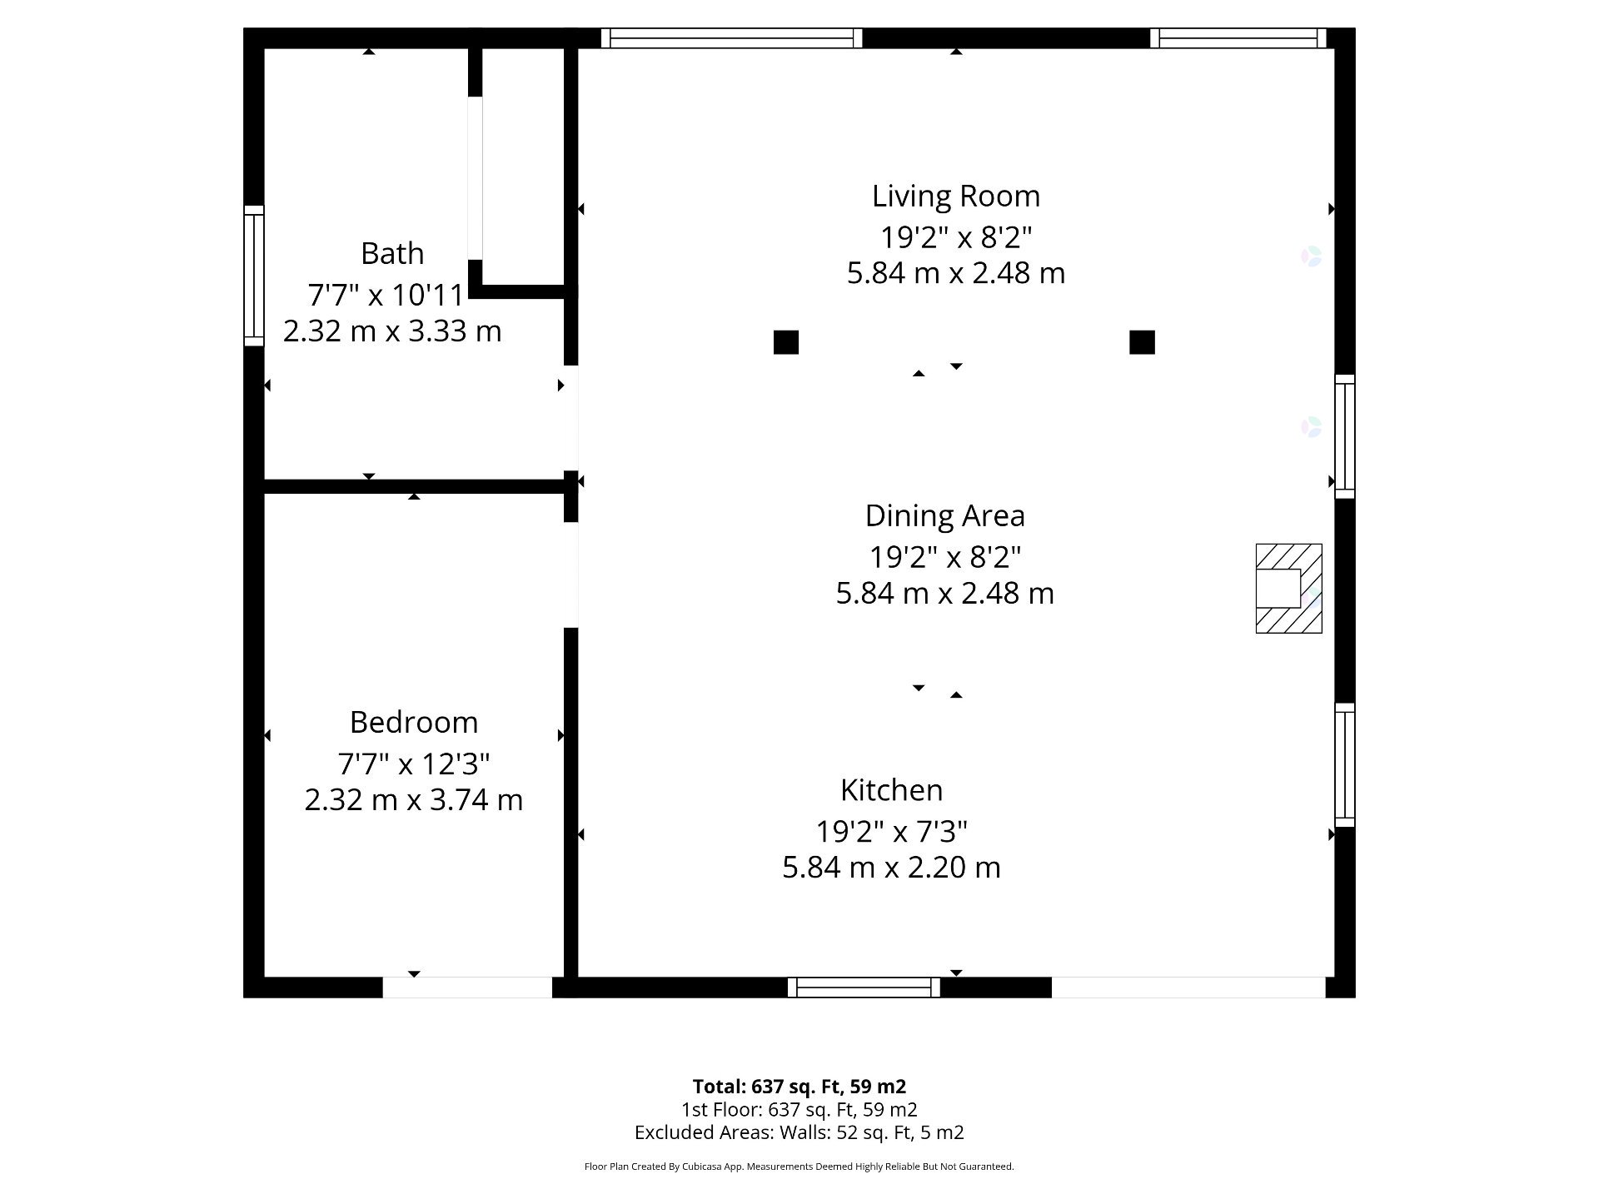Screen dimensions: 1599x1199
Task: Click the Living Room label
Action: [956, 197]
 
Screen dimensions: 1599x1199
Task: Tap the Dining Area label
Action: [944, 515]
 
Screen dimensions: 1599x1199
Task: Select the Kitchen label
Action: [891, 789]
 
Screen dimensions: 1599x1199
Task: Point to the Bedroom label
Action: [414, 722]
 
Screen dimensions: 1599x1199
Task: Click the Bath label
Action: [392, 253]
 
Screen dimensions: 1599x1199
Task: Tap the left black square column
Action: [786, 342]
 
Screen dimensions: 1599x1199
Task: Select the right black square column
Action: [1142, 342]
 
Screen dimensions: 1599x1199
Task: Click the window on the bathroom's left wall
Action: [254, 276]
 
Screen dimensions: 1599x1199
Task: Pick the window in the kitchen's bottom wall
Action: [864, 988]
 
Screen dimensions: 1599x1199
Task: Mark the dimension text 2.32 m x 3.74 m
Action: [414, 800]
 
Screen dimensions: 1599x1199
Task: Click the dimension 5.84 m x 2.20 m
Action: [891, 868]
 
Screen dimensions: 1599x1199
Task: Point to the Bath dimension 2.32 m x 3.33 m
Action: [392, 331]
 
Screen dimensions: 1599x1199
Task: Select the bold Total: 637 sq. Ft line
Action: [799, 1087]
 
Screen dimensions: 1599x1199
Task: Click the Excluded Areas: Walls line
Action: [799, 1132]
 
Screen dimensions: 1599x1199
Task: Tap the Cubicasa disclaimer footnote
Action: [799, 1167]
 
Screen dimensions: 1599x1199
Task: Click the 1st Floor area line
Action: [799, 1110]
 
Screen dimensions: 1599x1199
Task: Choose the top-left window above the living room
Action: [731, 38]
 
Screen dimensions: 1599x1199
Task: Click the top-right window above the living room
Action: [1238, 38]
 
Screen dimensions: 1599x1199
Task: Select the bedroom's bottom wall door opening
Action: [467, 988]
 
